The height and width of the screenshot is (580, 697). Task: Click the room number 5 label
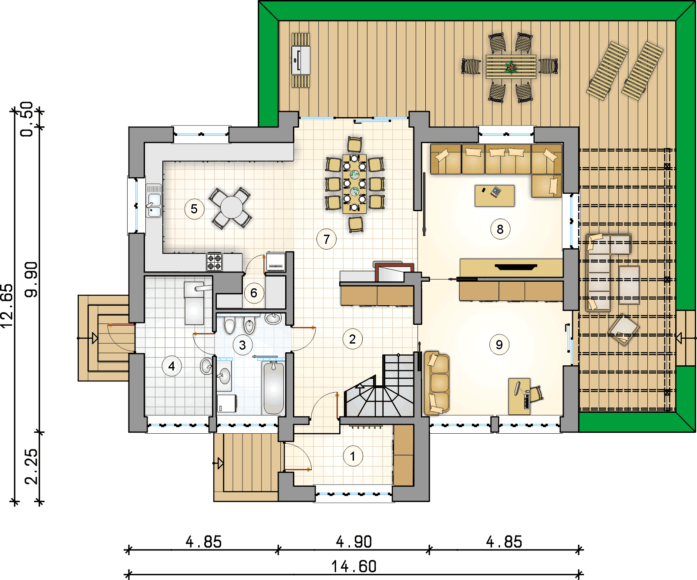click(194, 209)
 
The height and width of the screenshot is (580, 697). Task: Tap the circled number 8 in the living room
click(500, 229)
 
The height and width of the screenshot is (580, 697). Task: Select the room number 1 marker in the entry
click(353, 456)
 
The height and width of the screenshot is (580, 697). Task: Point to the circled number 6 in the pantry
click(254, 293)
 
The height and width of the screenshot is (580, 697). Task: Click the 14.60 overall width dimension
click(354, 567)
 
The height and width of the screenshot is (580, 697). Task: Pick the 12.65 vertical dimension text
click(7, 306)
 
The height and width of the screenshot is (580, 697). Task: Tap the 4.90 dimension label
click(354, 542)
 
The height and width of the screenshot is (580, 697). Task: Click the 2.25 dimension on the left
click(31, 467)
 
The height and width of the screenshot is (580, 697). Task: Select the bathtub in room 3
click(274, 388)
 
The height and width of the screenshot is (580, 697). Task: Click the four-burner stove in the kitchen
click(214, 262)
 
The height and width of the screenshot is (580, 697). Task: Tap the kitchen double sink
click(153, 201)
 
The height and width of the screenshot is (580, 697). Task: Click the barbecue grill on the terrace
click(301, 61)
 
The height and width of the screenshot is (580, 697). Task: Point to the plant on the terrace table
click(511, 67)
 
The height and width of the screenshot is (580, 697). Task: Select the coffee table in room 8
click(495, 196)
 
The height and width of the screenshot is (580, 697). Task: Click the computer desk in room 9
click(519, 396)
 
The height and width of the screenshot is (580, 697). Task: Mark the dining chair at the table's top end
click(355, 145)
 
